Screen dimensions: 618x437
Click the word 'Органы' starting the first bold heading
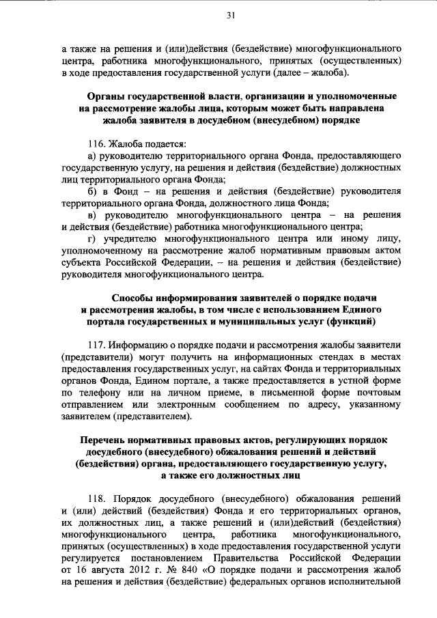click(x=107, y=95)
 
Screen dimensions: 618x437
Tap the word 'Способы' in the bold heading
click(x=134, y=298)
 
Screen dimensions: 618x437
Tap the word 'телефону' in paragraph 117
click(x=100, y=394)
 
